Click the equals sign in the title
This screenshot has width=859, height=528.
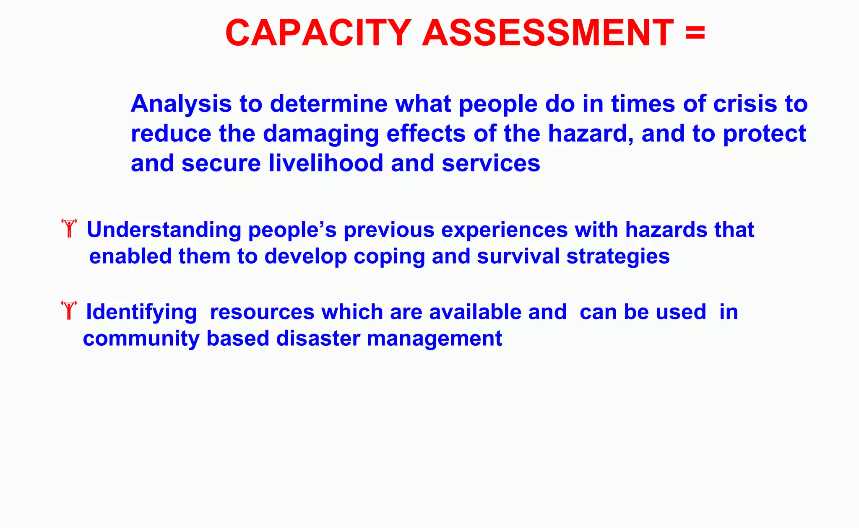695,33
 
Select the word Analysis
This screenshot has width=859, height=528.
181,104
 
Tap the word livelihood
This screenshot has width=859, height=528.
326,163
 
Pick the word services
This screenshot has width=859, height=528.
491,163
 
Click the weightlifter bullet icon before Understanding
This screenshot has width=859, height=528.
69,228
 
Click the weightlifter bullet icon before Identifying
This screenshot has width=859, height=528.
69,310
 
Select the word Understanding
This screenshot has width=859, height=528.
164,230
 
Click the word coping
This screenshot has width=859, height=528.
389,256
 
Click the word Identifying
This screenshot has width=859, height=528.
141,313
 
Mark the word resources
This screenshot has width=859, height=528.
262,312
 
